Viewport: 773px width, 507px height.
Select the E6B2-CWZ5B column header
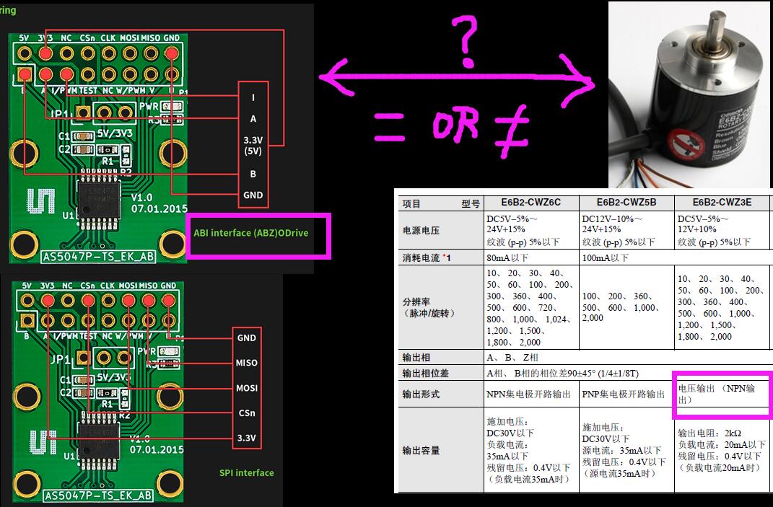point(625,203)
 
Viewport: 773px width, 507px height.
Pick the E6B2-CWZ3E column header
point(722,203)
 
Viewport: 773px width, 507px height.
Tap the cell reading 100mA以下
point(606,257)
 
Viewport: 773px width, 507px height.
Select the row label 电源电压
point(421,230)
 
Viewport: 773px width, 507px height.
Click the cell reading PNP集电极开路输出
point(625,394)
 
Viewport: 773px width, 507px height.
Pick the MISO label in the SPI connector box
point(247,363)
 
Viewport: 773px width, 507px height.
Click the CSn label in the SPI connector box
point(247,413)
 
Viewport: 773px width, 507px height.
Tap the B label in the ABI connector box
point(253,174)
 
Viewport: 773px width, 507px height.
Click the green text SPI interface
point(247,473)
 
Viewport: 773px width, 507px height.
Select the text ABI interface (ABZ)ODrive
point(250,233)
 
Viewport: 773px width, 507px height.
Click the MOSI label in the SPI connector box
point(247,388)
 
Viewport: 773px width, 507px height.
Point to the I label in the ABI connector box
point(253,98)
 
